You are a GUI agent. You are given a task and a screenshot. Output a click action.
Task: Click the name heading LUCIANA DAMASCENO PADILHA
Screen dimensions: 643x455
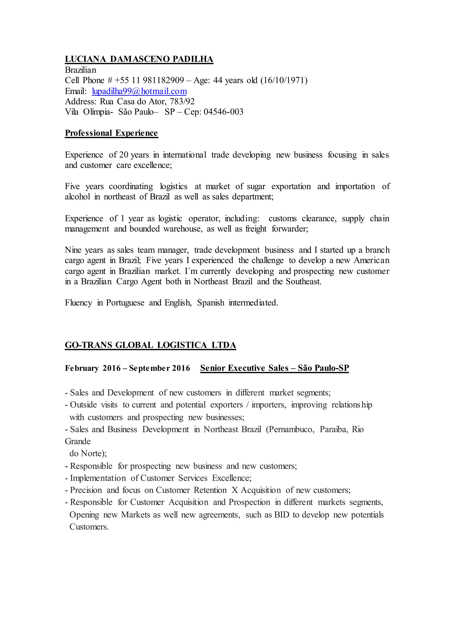tap(139, 59)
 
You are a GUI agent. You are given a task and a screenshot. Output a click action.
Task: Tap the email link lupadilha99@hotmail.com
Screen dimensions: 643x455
tap(139, 91)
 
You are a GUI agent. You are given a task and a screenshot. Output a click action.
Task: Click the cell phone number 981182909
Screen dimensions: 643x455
tap(163, 80)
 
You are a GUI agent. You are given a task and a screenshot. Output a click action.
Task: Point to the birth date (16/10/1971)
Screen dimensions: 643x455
tap(284, 80)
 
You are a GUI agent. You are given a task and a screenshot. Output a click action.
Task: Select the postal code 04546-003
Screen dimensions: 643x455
tap(223, 112)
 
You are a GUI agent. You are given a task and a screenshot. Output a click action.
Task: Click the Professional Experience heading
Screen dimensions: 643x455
tap(111, 133)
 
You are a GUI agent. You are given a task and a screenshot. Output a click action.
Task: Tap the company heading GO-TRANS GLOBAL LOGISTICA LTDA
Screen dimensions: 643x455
tap(150, 345)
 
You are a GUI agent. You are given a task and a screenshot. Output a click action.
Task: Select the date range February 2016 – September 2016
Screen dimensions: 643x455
tap(128, 368)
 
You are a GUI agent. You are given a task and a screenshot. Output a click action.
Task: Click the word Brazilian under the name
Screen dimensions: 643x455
tap(80, 70)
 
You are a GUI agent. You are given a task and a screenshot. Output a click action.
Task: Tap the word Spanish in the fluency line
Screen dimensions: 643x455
tap(210, 302)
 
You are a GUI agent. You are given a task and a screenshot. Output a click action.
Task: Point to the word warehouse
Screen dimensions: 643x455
tap(183, 229)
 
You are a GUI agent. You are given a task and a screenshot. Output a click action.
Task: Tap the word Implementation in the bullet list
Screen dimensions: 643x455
tap(98, 478)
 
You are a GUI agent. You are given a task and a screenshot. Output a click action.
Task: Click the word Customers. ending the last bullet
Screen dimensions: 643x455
tap(89, 527)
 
